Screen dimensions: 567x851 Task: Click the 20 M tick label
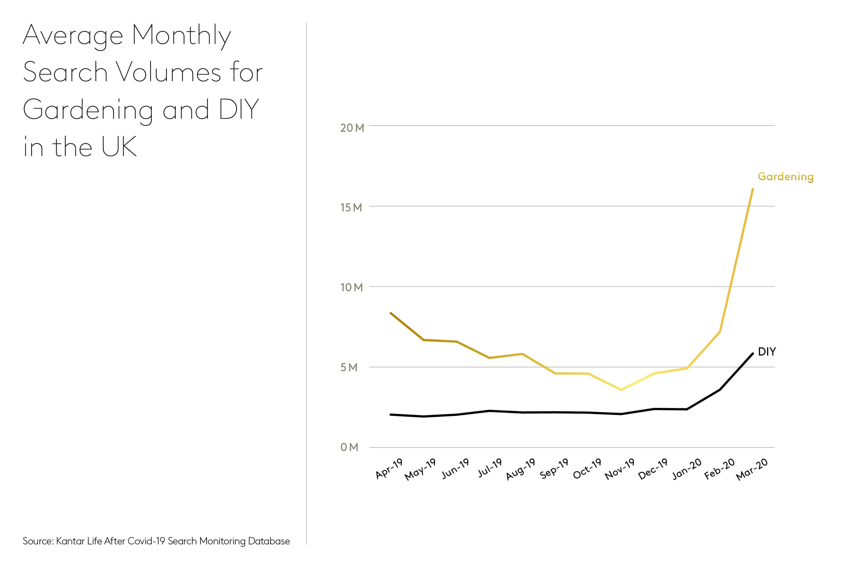pos(352,128)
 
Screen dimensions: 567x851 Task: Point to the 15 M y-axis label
pos(351,208)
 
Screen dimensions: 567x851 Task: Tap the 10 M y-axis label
pos(351,287)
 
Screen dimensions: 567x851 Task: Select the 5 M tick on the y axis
pos(349,367)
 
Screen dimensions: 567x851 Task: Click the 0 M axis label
pos(349,447)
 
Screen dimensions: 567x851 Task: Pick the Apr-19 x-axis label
pos(389,469)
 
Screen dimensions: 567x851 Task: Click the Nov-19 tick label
pos(620,469)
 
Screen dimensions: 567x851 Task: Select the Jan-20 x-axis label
pos(687,469)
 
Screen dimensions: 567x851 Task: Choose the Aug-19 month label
pos(520,469)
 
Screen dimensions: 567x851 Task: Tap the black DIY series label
pos(767,351)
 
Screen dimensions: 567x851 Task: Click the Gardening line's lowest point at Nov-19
pos(621,390)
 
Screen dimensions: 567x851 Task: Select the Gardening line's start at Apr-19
pos(391,313)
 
